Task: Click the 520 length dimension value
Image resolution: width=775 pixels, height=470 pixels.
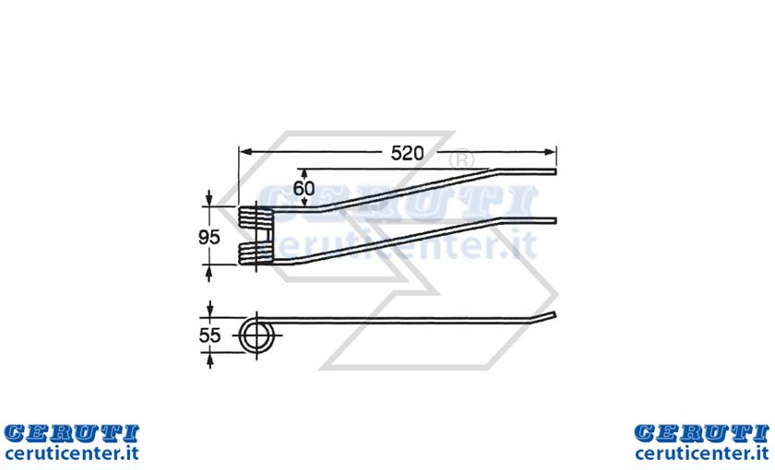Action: coord(407,153)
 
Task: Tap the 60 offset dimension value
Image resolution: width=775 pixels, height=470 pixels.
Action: coord(304,189)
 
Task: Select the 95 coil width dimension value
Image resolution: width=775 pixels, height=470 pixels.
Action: coord(209,238)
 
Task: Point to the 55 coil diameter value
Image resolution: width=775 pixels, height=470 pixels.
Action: coord(209,335)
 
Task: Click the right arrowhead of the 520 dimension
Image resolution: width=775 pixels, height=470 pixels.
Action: coord(550,152)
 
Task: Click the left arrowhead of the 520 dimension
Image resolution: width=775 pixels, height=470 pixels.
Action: coord(245,152)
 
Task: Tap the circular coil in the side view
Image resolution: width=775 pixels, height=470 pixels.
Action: coord(257,335)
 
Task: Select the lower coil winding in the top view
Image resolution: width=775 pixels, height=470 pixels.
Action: coord(255,253)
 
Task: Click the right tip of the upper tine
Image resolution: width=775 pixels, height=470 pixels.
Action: coord(555,171)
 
